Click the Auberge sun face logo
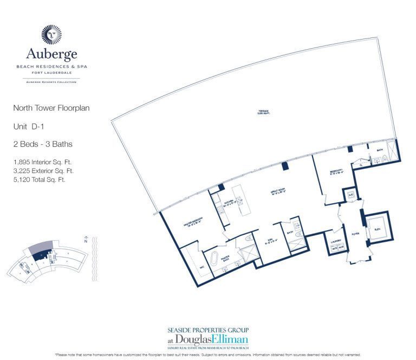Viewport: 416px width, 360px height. click(52, 33)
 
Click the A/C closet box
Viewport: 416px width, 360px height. click(350, 195)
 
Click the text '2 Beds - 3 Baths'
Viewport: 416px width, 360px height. click(42, 144)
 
